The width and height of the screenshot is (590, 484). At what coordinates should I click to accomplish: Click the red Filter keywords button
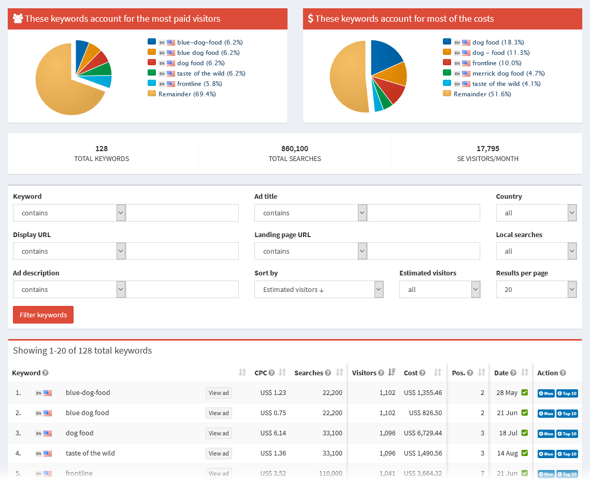[x=43, y=315]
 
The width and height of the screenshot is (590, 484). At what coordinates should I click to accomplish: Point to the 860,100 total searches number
[x=294, y=149]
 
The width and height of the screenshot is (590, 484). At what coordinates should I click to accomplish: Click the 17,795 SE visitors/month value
[x=487, y=149]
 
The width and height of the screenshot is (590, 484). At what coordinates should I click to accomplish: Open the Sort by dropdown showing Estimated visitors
[x=319, y=289]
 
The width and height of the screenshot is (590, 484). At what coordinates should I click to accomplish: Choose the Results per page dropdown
[x=536, y=289]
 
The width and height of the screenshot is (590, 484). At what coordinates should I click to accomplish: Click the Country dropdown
[x=536, y=213]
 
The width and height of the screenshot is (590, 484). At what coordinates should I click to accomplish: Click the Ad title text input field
[x=423, y=213]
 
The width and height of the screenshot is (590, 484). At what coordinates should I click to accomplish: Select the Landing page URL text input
[x=423, y=251]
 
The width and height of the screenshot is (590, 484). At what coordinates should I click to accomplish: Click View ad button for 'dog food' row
[x=219, y=433]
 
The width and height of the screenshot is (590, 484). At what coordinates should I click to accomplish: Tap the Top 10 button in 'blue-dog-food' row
[x=567, y=393]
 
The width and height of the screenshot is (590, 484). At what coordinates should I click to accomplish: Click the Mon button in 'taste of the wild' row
[x=546, y=454]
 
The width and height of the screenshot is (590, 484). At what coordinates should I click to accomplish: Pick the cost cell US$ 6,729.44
[x=423, y=433]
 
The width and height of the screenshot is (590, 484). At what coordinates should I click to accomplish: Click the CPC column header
[x=261, y=373]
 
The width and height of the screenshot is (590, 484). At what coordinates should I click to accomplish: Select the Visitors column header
[x=365, y=373]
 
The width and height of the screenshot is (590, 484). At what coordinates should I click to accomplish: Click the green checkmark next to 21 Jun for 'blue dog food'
[x=524, y=413]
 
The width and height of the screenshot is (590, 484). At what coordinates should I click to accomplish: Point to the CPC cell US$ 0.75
[x=273, y=413]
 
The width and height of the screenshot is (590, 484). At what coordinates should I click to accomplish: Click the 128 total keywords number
[x=102, y=149]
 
